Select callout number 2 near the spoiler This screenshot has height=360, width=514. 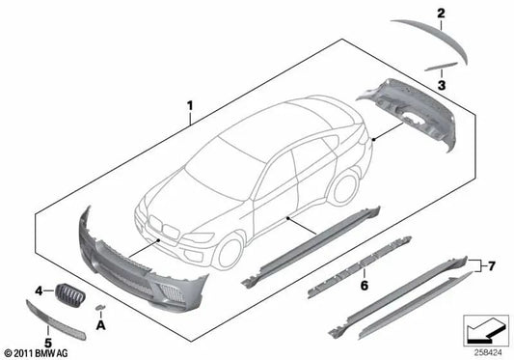pyautogui.click(x=441, y=13)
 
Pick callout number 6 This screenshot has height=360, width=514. pyautogui.click(x=363, y=286)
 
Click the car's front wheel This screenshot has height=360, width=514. pyautogui.click(x=229, y=251)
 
